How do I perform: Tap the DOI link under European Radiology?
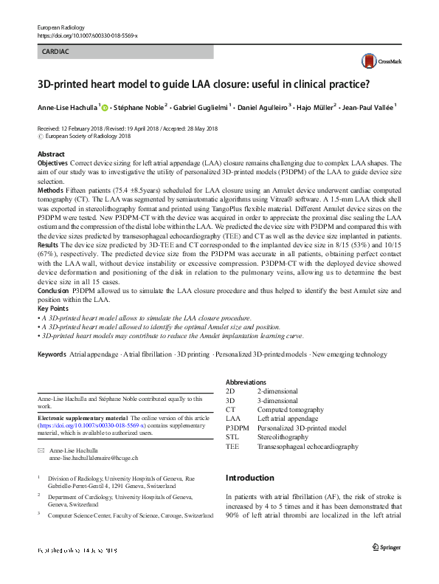(86, 35)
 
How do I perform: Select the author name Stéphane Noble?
(142, 108)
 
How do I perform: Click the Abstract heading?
(51, 154)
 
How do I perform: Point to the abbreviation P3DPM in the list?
(237, 427)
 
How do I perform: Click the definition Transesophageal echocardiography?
(308, 447)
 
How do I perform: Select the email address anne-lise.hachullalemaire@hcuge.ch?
(93, 458)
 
